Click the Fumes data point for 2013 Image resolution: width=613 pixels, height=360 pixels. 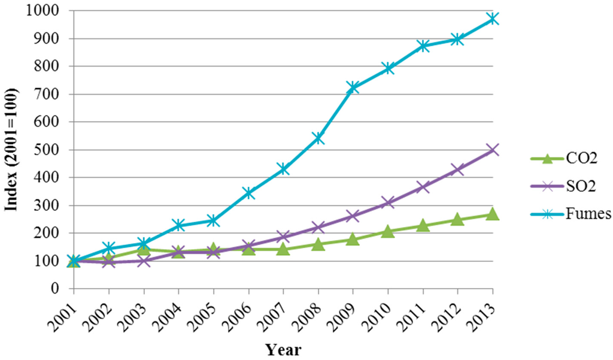492,19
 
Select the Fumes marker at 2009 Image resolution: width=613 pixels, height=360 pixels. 353,87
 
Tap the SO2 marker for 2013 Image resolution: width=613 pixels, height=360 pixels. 492,150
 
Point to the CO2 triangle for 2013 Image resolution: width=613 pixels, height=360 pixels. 492,214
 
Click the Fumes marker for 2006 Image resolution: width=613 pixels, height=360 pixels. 248,193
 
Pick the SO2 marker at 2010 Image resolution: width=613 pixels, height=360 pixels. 387,202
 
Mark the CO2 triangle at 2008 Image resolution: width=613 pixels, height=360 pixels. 318,244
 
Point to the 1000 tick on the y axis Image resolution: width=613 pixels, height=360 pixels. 45,11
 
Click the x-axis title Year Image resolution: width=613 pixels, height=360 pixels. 283,349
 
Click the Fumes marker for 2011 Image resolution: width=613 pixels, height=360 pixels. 423,46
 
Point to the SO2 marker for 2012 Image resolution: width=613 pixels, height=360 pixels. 457,170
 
